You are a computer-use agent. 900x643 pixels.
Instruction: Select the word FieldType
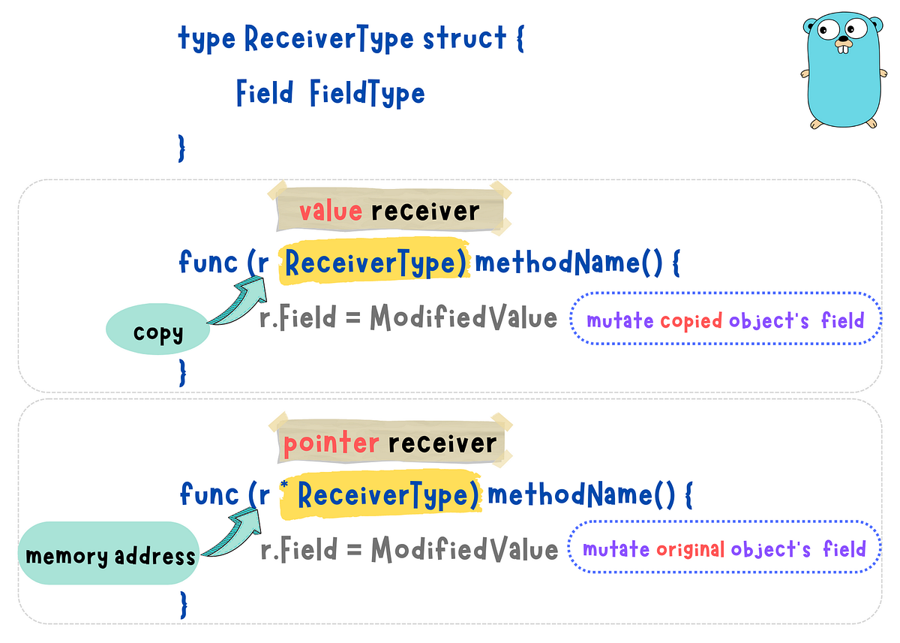(x=367, y=94)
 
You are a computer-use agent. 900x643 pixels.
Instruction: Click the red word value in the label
(x=330, y=211)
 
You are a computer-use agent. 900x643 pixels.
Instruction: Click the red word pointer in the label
(x=331, y=443)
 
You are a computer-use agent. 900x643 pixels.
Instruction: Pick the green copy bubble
(x=158, y=332)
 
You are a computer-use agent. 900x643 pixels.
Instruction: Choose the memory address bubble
(x=109, y=556)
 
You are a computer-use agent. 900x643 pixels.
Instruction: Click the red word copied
(x=691, y=321)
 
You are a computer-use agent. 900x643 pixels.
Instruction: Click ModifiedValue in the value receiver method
(x=463, y=318)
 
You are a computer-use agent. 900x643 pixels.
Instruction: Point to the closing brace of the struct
(x=181, y=147)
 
